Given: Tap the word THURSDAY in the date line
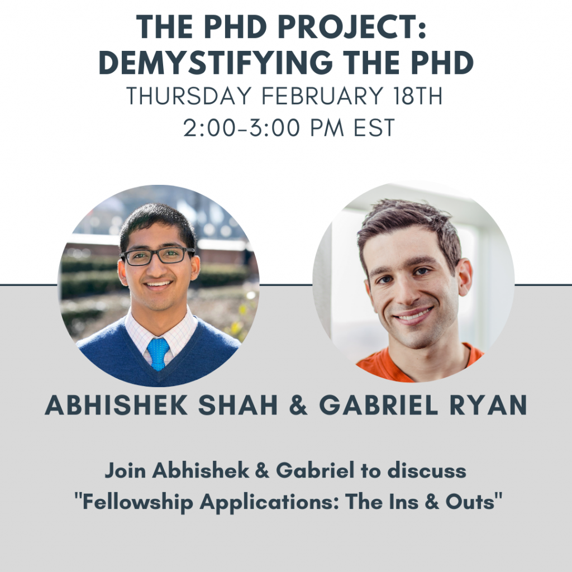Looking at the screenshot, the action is pos(188,96).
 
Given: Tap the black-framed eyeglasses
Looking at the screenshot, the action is pos(158,256).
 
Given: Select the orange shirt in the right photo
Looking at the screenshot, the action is pos(420,363).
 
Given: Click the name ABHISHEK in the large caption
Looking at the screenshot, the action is pos(116,404).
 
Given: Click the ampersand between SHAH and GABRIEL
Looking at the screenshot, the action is pos(298,404).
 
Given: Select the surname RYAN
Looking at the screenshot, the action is pos(488,404).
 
